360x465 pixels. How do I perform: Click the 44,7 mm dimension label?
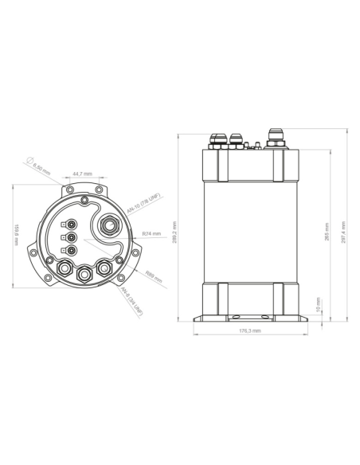pos(82,173)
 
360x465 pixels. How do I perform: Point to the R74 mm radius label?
pos(151,233)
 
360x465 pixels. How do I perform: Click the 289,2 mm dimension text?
pos(186,232)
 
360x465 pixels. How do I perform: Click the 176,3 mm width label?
pos(249,330)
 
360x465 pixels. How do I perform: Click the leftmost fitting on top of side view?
pos(217,141)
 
